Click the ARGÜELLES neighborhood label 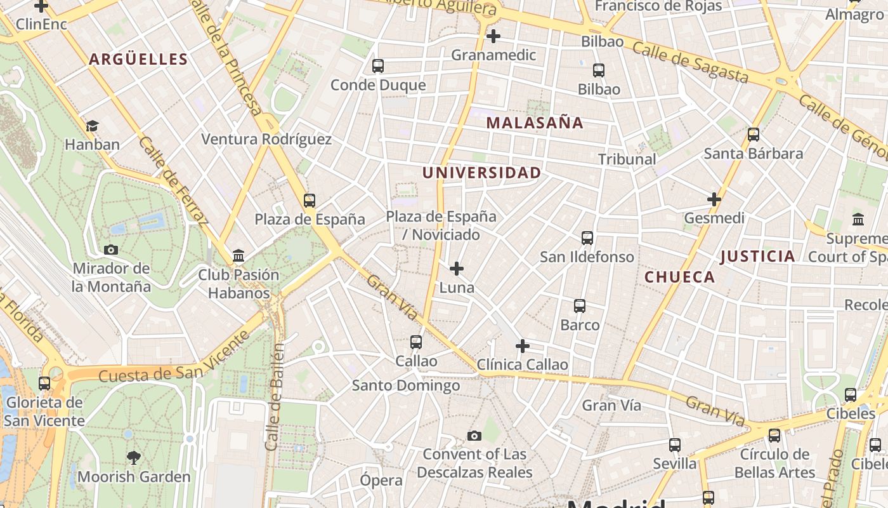tap(138, 60)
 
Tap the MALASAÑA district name tap(535, 123)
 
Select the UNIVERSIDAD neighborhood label tap(482, 173)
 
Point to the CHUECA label tap(680, 277)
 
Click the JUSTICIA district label tap(758, 257)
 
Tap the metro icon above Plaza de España tap(310, 201)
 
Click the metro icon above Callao tap(416, 342)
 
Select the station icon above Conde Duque tap(378, 66)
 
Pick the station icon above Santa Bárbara tap(754, 135)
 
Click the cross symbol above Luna tap(457, 269)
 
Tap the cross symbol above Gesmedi tap(714, 199)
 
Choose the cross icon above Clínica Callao tap(523, 346)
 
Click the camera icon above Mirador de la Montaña tap(111, 250)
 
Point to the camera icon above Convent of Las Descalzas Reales tap(474, 436)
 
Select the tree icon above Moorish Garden tap(134, 457)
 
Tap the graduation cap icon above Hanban tap(93, 126)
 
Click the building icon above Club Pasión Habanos tap(238, 255)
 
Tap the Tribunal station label tap(627, 159)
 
